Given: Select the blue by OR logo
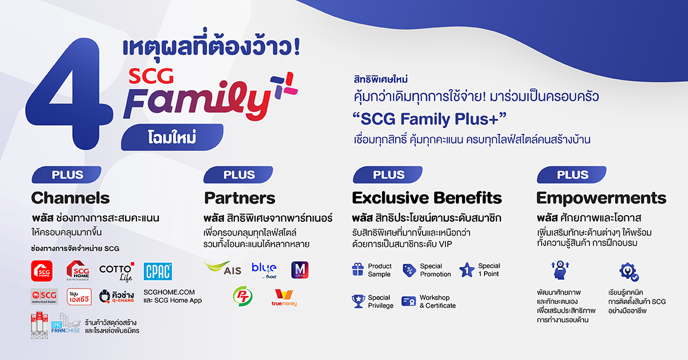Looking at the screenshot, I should [x=264, y=269].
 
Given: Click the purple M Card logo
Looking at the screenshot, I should [x=300, y=270].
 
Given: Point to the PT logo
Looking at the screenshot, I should [x=242, y=296].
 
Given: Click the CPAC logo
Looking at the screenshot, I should [x=158, y=271].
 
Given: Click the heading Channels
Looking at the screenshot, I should [x=71, y=198].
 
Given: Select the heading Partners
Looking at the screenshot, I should [x=240, y=198].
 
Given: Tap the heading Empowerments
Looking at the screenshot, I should [x=601, y=198].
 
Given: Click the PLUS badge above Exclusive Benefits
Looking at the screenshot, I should [x=388, y=175].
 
